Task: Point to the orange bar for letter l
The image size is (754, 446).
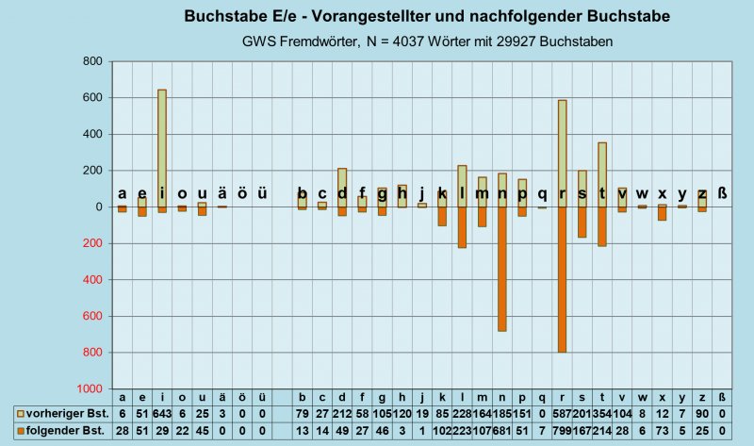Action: (x=463, y=227)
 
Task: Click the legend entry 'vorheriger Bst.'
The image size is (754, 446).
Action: (x=62, y=414)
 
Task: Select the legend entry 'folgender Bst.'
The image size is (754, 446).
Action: (x=62, y=430)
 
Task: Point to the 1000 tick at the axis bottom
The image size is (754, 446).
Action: (x=89, y=388)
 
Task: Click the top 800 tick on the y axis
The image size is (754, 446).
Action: (x=91, y=61)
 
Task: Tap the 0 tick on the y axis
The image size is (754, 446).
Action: (x=97, y=207)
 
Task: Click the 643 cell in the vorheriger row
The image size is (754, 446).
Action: (x=162, y=414)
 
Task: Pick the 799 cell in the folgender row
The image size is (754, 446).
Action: (x=563, y=430)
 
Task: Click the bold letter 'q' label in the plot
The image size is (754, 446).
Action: (x=542, y=193)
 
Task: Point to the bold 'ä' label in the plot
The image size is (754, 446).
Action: (x=221, y=193)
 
